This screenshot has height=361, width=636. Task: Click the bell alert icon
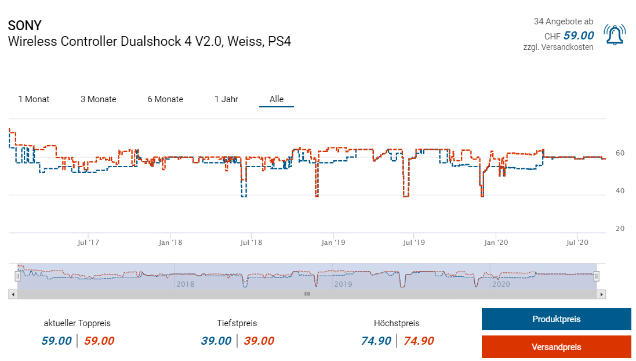[615, 35]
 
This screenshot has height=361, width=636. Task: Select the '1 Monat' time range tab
[34, 99]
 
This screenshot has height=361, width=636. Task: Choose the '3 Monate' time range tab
[99, 99]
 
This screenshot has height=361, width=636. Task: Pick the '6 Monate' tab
[165, 99]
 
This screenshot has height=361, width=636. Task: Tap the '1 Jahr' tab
[226, 99]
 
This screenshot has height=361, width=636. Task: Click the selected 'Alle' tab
[277, 99]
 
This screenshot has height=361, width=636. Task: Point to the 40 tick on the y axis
[620, 191]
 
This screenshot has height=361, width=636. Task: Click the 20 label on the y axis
[620, 229]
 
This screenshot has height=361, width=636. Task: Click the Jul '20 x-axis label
[577, 242]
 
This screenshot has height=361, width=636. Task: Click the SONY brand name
[25, 26]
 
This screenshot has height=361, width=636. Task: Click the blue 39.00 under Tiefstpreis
[216, 341]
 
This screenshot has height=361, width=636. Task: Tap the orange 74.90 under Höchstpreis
[419, 341]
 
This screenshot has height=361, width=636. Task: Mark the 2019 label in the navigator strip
[343, 284]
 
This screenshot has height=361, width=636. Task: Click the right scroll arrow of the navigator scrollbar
[602, 294]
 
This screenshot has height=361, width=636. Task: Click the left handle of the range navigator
[17, 277]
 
